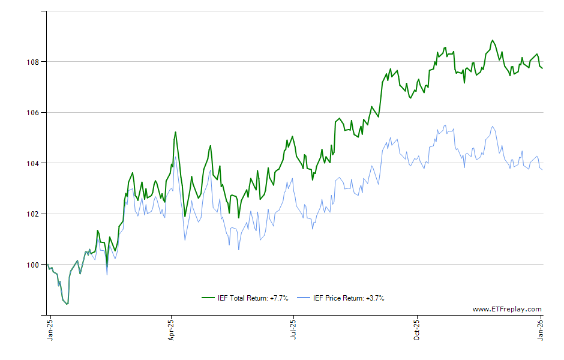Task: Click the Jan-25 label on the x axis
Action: (x=50, y=331)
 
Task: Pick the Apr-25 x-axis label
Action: (x=172, y=331)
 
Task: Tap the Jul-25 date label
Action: (x=293, y=331)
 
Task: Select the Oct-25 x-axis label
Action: (x=416, y=331)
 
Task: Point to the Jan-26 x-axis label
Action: (x=540, y=331)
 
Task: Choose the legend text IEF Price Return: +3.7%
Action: (x=349, y=298)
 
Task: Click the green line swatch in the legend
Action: (x=208, y=298)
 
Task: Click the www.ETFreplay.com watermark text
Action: (x=506, y=309)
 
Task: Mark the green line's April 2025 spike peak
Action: (x=175, y=132)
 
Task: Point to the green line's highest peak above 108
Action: (x=493, y=40)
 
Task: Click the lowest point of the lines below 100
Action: (x=67, y=304)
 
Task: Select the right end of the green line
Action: (x=542, y=68)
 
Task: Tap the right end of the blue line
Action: (x=542, y=169)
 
